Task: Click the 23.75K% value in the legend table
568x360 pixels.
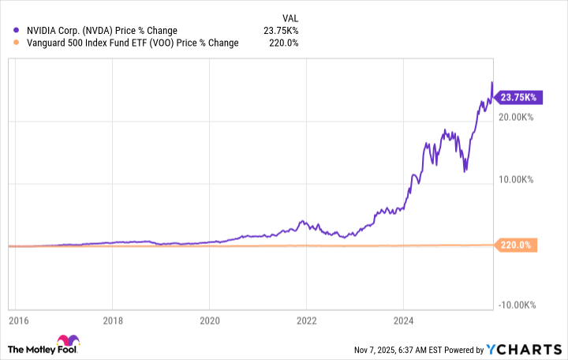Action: pos(279,31)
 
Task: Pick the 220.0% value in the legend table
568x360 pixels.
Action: pos(282,43)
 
